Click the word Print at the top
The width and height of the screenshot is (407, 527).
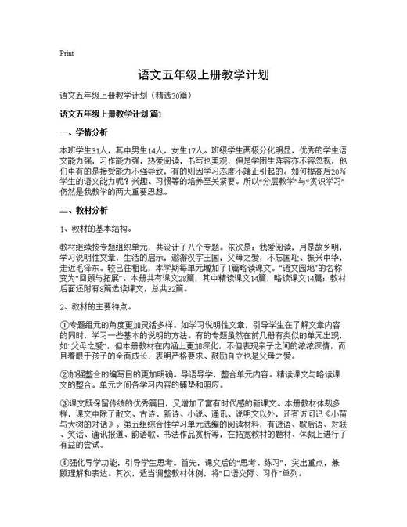click(67, 54)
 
